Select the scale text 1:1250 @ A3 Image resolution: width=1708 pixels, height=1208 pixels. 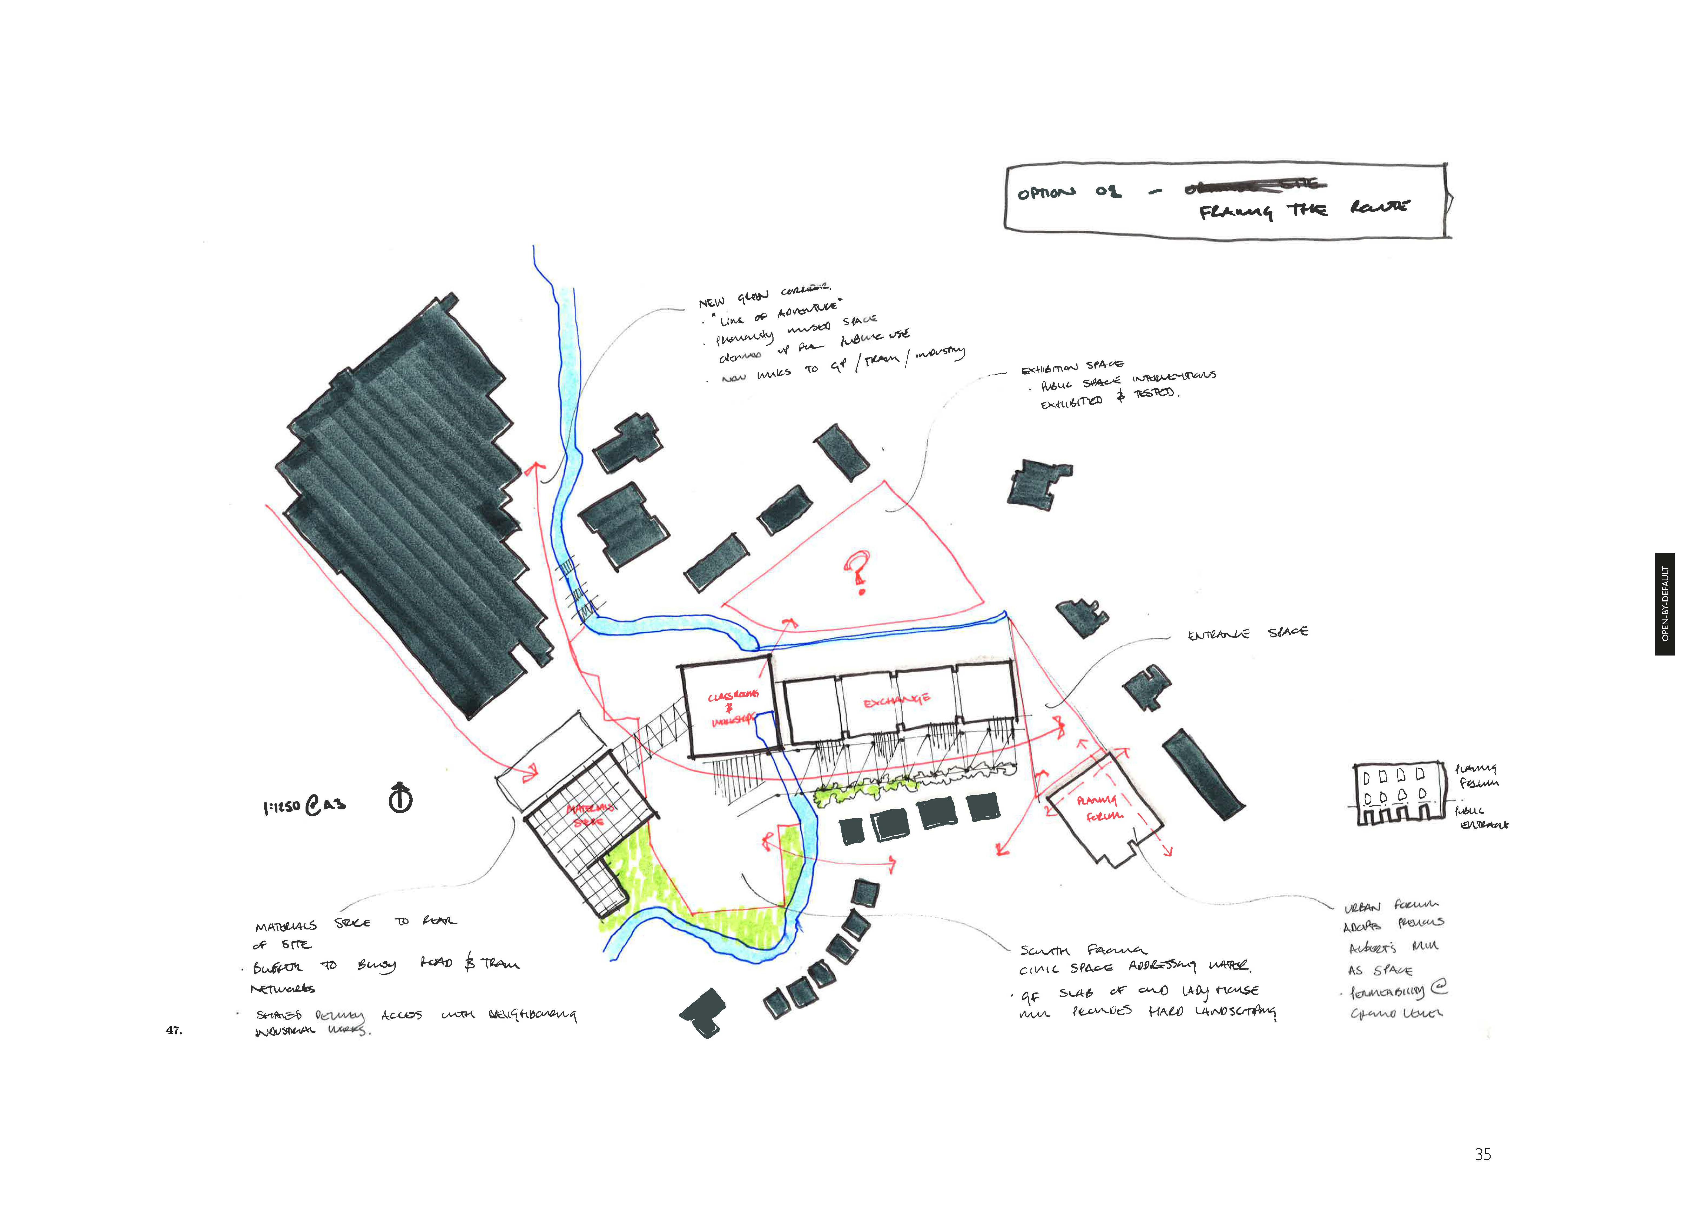[x=304, y=806]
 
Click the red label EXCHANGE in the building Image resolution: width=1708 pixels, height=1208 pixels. [x=896, y=701]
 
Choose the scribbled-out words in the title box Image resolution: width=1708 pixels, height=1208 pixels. [x=1253, y=185]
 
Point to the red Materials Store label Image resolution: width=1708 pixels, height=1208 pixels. [x=590, y=815]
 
